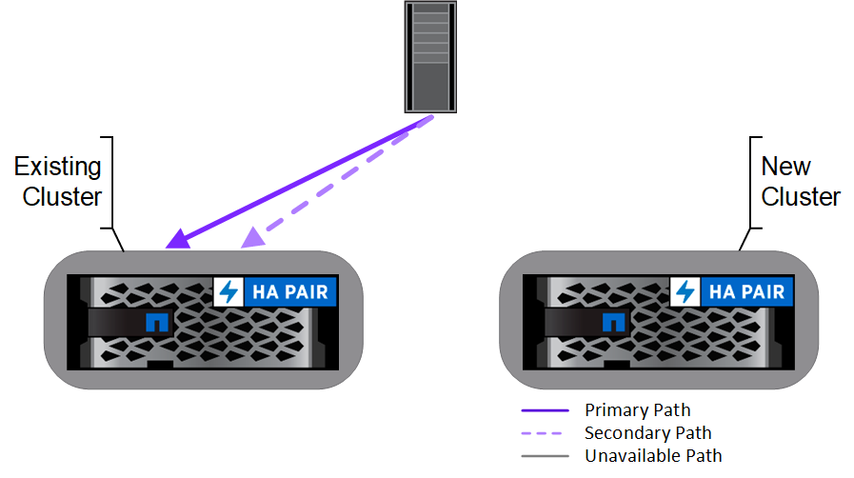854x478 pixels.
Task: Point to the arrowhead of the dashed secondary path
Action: coord(251,238)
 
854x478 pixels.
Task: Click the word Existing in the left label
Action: coord(57,168)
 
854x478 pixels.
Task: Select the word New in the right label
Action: coord(785,168)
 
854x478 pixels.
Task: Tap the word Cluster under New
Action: coord(801,197)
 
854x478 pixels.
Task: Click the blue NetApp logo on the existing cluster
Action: coord(155,322)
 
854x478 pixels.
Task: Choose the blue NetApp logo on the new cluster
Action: coord(612,322)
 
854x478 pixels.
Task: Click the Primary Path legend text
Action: coord(637,410)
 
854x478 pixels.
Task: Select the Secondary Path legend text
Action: coord(647,433)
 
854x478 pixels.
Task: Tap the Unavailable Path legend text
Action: coord(653,456)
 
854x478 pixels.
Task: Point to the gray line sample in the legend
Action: coord(545,456)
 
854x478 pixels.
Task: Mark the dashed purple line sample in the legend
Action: coord(545,433)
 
